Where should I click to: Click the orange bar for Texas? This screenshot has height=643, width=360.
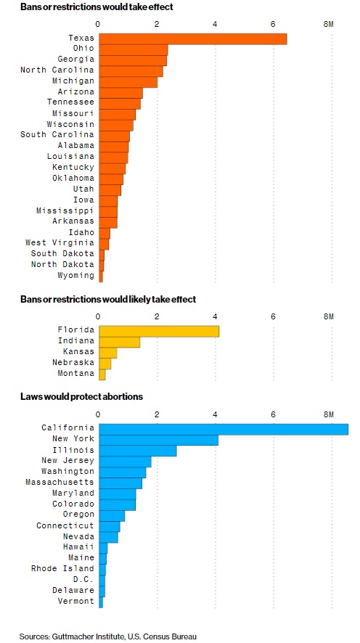pyautogui.click(x=193, y=38)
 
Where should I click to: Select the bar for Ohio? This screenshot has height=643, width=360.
pyautogui.click(x=134, y=49)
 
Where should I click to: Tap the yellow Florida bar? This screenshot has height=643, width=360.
pyautogui.click(x=159, y=331)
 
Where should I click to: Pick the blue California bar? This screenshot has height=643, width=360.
pyautogui.click(x=224, y=429)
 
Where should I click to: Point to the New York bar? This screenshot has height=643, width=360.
pyautogui.click(x=159, y=440)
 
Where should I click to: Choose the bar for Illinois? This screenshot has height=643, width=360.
pyautogui.click(x=138, y=451)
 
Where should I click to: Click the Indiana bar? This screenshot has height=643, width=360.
pyautogui.click(x=119, y=342)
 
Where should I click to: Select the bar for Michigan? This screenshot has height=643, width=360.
pyautogui.click(x=128, y=82)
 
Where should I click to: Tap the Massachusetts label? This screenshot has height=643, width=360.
pyautogui.click(x=60, y=482)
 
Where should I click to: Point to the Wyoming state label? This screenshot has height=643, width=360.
pyautogui.click(x=76, y=276)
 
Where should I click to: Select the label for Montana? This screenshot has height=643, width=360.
pyautogui.click(x=76, y=374)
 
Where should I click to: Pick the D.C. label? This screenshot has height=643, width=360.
pyautogui.click(x=83, y=580)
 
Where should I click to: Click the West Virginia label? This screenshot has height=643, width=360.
pyautogui.click(x=60, y=243)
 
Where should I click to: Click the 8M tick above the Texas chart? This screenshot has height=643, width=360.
pyautogui.click(x=329, y=24)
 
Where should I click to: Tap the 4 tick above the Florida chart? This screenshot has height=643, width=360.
pyautogui.click(x=216, y=316)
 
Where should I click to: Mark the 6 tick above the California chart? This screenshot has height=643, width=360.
pyautogui.click(x=273, y=414)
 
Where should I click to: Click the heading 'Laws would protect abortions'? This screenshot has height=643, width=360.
pyautogui.click(x=81, y=397)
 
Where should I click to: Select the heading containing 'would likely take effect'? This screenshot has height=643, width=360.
pyautogui.click(x=108, y=300)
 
